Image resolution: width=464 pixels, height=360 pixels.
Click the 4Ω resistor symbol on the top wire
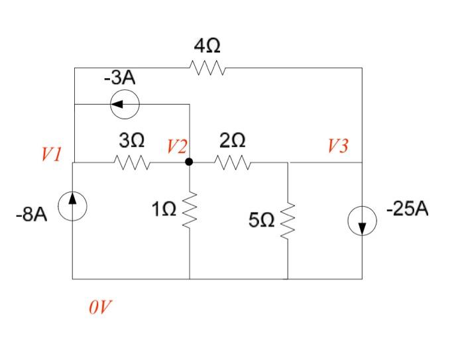(x=207, y=68)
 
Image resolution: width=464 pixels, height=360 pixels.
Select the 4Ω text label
(x=207, y=46)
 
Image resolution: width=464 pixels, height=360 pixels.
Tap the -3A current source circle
(x=125, y=104)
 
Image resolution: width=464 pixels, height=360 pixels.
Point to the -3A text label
(x=119, y=78)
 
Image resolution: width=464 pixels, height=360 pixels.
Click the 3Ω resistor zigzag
(x=132, y=162)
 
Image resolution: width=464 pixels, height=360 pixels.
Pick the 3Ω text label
(x=132, y=141)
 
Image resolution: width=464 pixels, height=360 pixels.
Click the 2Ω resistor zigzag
(x=232, y=162)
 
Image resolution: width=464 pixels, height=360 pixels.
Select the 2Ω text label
(x=232, y=141)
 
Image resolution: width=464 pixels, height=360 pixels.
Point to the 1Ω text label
(x=164, y=210)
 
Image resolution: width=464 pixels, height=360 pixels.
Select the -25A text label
(x=408, y=210)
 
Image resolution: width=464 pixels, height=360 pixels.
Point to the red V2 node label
(x=177, y=146)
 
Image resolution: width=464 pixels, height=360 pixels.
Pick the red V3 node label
(x=337, y=146)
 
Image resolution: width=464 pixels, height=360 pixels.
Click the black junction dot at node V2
(x=190, y=162)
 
